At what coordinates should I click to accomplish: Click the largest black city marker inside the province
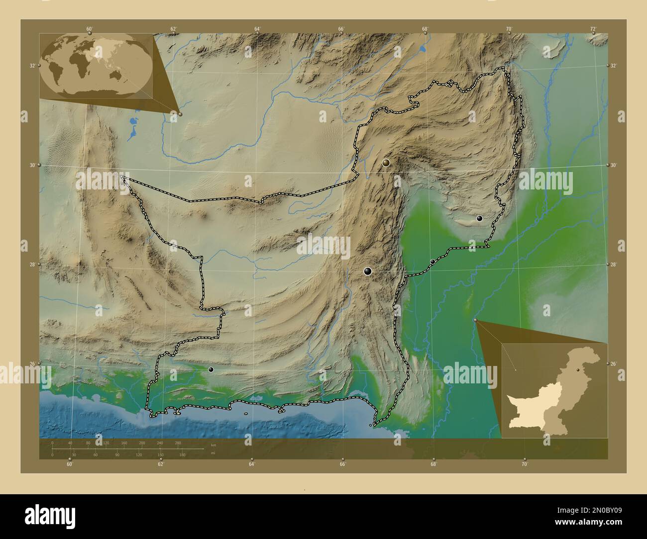pyautogui.click(x=368, y=271)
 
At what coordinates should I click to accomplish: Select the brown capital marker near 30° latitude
pyautogui.click(x=386, y=162)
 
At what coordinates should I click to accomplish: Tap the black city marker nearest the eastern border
pyautogui.click(x=479, y=218)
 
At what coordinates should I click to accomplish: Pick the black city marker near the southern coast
pyautogui.click(x=211, y=369)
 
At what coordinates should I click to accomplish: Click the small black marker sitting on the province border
pyautogui.click(x=432, y=262)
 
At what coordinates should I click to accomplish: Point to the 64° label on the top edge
pyautogui.click(x=257, y=29)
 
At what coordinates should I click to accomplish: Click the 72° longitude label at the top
pyautogui.click(x=593, y=29)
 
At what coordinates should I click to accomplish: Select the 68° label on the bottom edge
pyautogui.click(x=433, y=464)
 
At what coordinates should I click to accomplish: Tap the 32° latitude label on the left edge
pyautogui.click(x=32, y=66)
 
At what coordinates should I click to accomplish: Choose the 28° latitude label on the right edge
pyautogui.click(x=614, y=265)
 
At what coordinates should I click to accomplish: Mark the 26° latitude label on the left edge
pyautogui.click(x=32, y=364)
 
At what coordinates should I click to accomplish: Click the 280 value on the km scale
pyautogui.click(x=178, y=443)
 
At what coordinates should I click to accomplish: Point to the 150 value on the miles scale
pyautogui.click(x=161, y=454)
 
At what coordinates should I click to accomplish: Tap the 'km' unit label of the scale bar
pyautogui.click(x=213, y=445)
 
